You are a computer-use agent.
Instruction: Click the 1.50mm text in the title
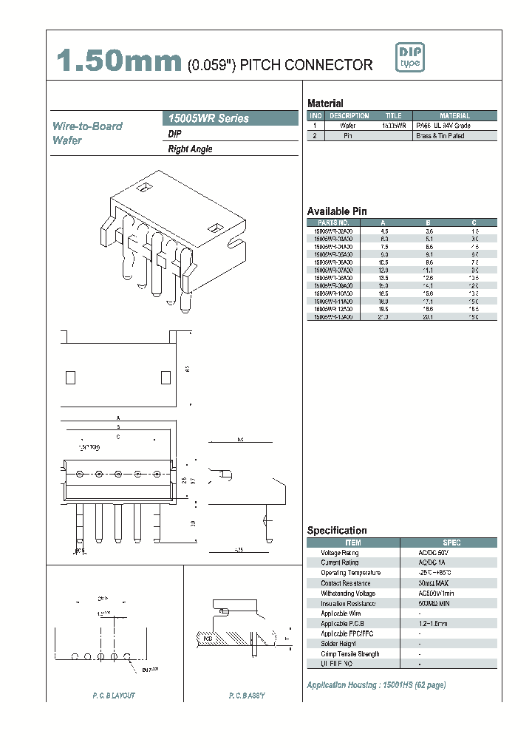pos(120,62)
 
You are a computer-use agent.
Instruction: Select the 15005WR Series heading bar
pos(230,118)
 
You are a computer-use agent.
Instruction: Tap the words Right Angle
pos(191,149)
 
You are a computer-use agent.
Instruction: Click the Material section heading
pos(325,103)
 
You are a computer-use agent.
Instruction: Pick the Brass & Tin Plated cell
pos(440,136)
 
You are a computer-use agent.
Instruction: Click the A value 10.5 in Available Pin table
pos(383,262)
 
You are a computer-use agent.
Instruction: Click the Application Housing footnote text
pos(376,685)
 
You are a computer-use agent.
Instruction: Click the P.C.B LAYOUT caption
pos(114,696)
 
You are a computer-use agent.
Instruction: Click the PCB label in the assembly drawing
pos(208,636)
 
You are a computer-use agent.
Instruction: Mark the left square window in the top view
pos(71,377)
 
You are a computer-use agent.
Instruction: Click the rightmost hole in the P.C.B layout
pos(127,656)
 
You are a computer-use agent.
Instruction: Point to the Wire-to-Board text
pos(87,126)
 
